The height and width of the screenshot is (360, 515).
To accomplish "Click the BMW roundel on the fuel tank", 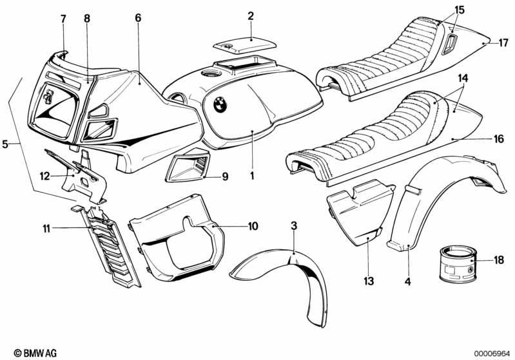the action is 220,105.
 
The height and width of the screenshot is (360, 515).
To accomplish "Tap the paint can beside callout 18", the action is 458,265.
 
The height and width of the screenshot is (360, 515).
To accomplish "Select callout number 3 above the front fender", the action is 294,225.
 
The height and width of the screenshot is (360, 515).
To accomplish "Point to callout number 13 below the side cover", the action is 369,281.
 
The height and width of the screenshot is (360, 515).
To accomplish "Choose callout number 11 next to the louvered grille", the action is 46,229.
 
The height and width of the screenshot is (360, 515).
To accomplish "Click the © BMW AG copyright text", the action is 35,353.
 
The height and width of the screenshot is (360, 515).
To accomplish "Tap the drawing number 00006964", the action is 492,354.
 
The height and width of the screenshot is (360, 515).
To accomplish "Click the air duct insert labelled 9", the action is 188,165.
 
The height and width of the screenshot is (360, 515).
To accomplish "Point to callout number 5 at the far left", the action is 5,144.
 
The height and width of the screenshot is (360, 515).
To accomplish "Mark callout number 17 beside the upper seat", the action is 503,43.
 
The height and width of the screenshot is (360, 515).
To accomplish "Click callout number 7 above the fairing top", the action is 63,19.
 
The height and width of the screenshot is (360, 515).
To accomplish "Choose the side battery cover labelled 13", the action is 361,213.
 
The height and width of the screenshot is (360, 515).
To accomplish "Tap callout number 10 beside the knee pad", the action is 253,226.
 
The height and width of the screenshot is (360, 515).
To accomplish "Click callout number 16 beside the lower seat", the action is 499,139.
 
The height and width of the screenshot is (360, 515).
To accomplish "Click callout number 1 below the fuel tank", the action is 252,176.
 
